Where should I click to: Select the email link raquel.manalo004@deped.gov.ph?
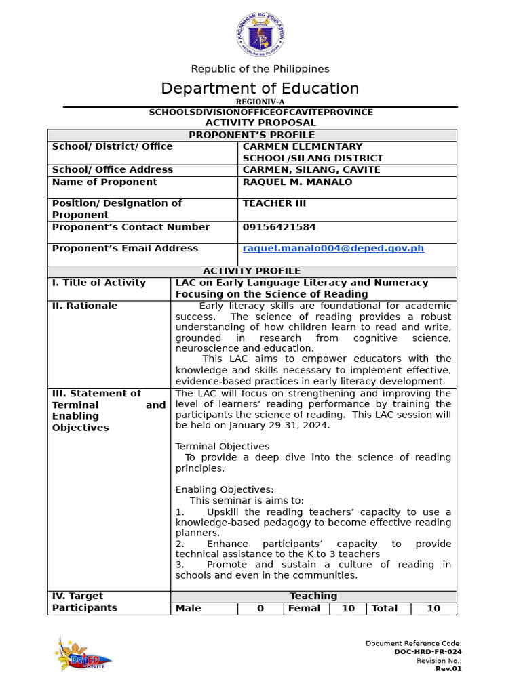click(333, 249)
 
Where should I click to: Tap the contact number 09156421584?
click(279, 227)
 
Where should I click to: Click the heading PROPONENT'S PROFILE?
click(252, 135)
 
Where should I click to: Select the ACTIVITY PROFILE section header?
click(252, 271)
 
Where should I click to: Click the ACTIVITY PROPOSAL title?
click(260, 123)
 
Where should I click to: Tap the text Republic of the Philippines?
click(260, 69)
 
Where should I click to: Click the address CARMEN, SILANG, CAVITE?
click(311, 169)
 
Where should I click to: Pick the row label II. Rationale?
click(85, 306)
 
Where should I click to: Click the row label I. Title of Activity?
click(99, 283)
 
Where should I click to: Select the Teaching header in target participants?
click(313, 596)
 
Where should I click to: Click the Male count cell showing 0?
click(260, 609)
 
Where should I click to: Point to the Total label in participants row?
click(385, 609)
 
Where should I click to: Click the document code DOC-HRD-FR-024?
click(427, 652)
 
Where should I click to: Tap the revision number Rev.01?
click(448, 668)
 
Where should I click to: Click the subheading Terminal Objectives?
click(223, 447)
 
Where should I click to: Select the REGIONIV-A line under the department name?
click(260, 102)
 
